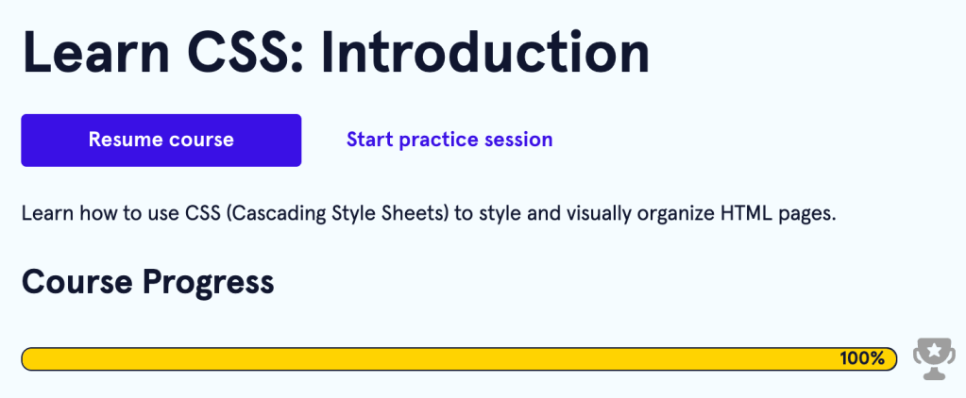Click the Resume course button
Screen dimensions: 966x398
pyautogui.click(x=161, y=141)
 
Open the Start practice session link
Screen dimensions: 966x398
pyautogui.click(x=449, y=140)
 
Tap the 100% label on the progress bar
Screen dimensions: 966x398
pyautogui.click(x=862, y=358)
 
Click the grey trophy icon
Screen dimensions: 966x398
pyautogui.click(x=934, y=358)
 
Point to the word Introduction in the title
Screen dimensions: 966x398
pyautogui.click(x=484, y=53)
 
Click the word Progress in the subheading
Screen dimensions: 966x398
pyautogui.click(x=209, y=283)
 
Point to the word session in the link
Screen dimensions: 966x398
pyautogui.click(x=519, y=140)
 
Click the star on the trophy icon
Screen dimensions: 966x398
pyautogui.click(x=935, y=350)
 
